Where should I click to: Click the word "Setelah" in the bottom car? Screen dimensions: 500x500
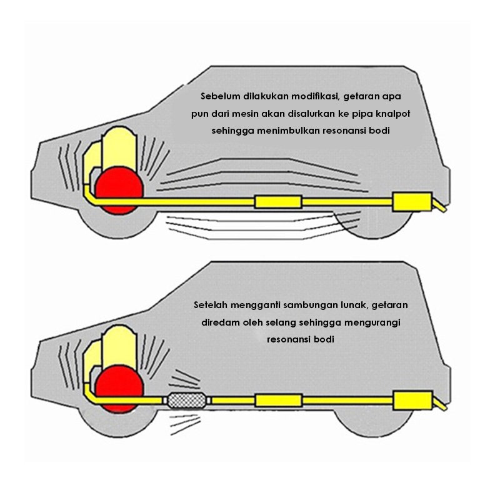click(x=211, y=305)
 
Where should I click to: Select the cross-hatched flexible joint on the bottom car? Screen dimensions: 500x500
click(x=186, y=400)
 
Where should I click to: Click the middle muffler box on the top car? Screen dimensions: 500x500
click(x=278, y=202)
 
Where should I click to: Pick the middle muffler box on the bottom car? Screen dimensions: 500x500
click(x=278, y=401)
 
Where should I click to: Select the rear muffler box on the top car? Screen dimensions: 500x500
click(x=412, y=201)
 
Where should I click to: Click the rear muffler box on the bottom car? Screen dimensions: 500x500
click(x=412, y=400)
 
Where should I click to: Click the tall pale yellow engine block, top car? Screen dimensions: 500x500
click(x=119, y=147)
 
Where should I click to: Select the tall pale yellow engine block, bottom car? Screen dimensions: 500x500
click(x=119, y=346)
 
